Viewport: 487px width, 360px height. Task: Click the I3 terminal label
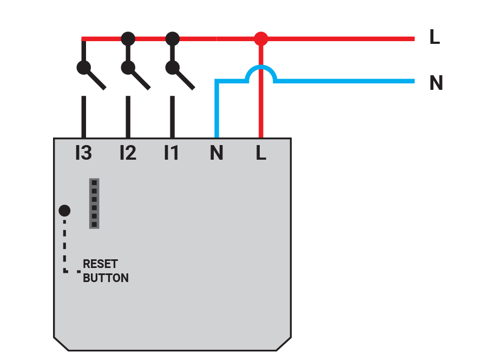(83, 154)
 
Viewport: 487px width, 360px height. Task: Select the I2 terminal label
(128, 154)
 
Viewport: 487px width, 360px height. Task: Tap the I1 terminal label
(171, 154)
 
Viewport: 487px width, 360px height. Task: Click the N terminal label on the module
(216, 154)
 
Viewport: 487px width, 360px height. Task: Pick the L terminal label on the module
(261, 154)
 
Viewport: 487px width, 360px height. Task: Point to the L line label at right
(435, 38)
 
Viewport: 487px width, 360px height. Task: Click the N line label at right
(436, 83)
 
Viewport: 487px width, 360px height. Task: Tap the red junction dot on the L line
(261, 39)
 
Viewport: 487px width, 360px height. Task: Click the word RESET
(100, 264)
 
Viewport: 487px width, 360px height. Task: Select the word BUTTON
(106, 278)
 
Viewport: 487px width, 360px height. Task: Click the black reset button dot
(64, 211)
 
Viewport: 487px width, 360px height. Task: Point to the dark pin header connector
(94, 203)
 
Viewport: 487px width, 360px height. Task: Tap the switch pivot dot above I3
(83, 68)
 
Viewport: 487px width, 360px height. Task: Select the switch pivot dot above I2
(128, 68)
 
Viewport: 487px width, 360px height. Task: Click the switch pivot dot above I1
(172, 68)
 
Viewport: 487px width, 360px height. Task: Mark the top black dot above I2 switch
(128, 38)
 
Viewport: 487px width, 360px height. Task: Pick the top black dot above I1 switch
(172, 38)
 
